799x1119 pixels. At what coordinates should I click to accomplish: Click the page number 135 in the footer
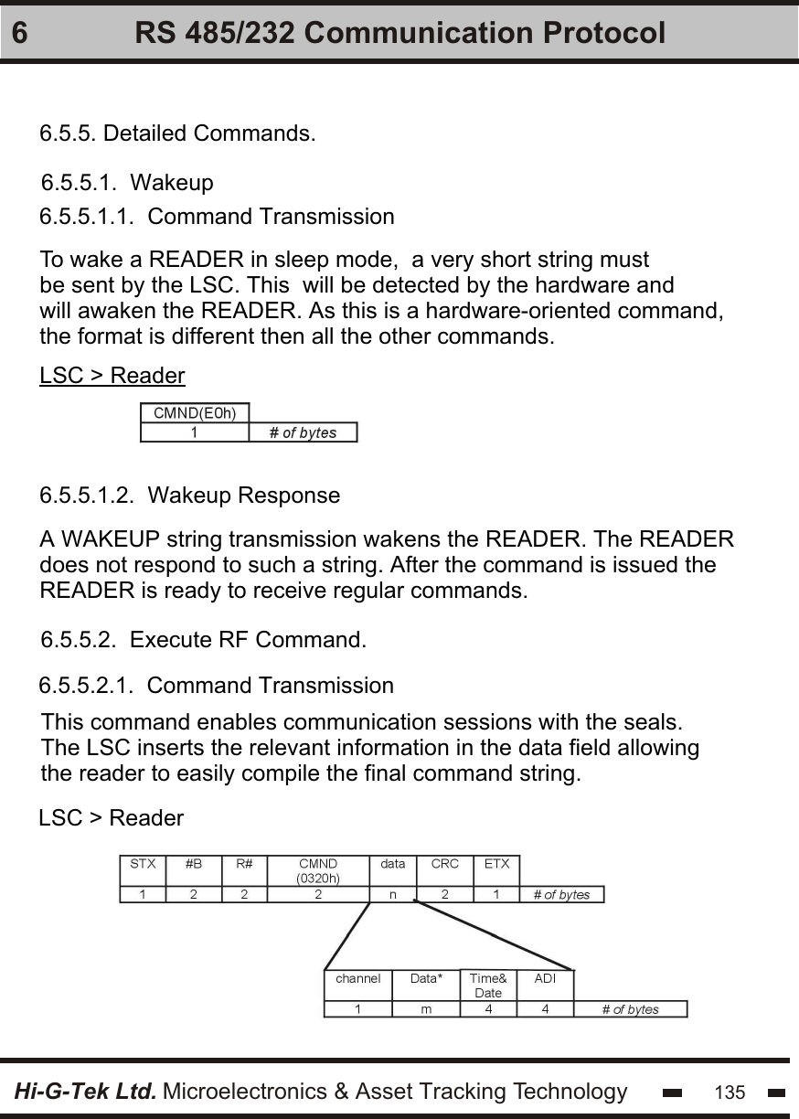pyautogui.click(x=730, y=1092)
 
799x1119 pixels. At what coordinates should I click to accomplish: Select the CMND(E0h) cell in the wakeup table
pyautogui.click(x=195, y=413)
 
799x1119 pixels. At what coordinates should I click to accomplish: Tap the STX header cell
pyautogui.click(x=143, y=864)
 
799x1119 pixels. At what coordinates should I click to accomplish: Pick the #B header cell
pyautogui.click(x=194, y=864)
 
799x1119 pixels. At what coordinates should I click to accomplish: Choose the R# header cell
pyautogui.click(x=244, y=864)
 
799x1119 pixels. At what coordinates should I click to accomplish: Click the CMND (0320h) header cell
pyautogui.click(x=318, y=870)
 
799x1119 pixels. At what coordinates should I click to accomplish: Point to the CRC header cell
pyautogui.click(x=444, y=864)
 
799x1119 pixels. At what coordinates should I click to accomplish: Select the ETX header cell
pyautogui.click(x=496, y=864)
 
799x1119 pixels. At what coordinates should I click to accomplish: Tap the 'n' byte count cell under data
pyautogui.click(x=392, y=895)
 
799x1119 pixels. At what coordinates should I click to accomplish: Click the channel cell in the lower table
pyautogui.click(x=358, y=979)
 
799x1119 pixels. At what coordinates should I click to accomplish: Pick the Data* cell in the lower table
pyautogui.click(x=426, y=979)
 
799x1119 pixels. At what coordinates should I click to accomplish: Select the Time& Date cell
pyautogui.click(x=488, y=986)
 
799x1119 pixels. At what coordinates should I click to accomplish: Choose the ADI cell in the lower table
pyautogui.click(x=545, y=979)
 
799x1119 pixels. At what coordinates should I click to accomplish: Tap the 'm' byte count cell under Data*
pyautogui.click(x=426, y=1009)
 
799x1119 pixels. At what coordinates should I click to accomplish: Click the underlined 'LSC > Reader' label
pyautogui.click(x=112, y=376)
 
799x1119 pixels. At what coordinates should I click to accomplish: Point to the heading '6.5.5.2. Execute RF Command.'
pyautogui.click(x=205, y=640)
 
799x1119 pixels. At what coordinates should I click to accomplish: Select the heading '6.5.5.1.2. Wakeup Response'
pyautogui.click(x=190, y=496)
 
